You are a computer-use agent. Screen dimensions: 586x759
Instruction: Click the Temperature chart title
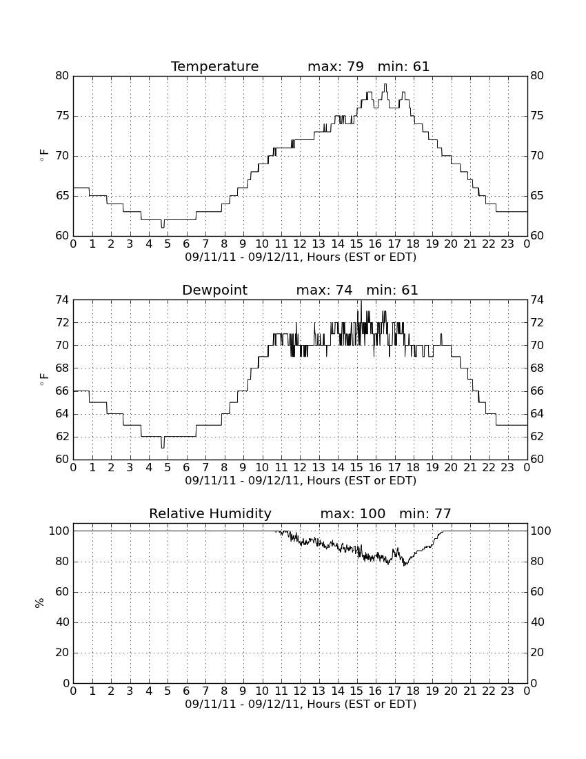click(x=214, y=66)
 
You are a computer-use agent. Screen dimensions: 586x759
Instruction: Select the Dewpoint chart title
click(x=214, y=290)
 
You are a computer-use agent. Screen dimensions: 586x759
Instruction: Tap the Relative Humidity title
click(x=210, y=513)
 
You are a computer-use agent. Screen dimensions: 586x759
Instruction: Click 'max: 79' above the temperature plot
click(x=336, y=66)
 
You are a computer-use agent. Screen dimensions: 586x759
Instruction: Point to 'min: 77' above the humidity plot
click(x=425, y=513)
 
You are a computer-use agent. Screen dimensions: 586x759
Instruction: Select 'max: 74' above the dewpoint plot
click(x=325, y=290)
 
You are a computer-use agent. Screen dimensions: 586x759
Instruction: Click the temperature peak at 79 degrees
click(x=385, y=85)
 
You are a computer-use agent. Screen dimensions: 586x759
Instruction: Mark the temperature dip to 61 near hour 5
click(x=163, y=226)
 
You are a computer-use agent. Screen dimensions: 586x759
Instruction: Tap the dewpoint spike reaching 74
click(x=361, y=301)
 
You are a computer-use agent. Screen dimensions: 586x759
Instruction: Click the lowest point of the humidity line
click(x=405, y=565)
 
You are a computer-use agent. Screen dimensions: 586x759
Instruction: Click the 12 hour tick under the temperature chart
click(x=300, y=244)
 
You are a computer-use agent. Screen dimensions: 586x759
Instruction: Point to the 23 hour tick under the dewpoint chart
click(x=507, y=468)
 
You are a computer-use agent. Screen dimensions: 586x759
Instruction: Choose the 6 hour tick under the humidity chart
click(x=187, y=691)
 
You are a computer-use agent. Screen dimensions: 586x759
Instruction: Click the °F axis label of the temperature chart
click(x=43, y=156)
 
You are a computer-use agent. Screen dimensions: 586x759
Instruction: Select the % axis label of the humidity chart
click(x=40, y=603)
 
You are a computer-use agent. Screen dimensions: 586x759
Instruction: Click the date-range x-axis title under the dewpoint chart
click(x=301, y=481)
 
